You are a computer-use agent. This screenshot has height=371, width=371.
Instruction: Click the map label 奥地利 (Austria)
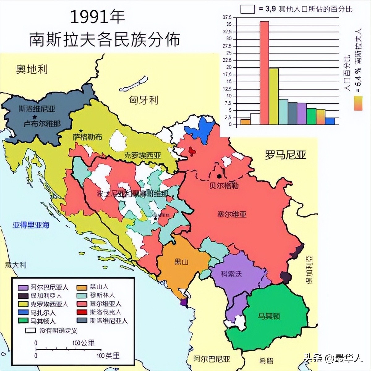pyautogui.click(x=32, y=70)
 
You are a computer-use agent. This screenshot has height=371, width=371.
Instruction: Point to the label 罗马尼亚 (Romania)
pyautogui.click(x=285, y=155)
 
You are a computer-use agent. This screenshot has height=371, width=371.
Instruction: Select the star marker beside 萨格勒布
pyautogui.click(x=81, y=131)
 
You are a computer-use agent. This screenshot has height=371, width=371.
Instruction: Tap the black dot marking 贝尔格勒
pyautogui.click(x=220, y=176)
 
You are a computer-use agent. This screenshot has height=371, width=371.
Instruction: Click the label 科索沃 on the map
pyautogui.click(x=231, y=274)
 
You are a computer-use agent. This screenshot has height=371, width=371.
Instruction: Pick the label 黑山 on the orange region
pyautogui.click(x=181, y=262)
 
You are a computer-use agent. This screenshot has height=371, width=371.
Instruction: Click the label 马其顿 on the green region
pyautogui.click(x=269, y=316)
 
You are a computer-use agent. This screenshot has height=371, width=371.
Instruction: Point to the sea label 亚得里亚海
pyautogui.click(x=31, y=225)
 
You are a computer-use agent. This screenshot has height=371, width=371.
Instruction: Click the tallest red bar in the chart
pyautogui.click(x=264, y=73)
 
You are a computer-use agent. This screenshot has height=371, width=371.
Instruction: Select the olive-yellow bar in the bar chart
pyautogui.click(x=273, y=96)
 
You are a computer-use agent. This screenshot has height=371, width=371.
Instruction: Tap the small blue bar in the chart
pyautogui.click(x=330, y=121)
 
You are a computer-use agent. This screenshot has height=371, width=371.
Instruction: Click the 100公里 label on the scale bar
pyautogui.click(x=83, y=343)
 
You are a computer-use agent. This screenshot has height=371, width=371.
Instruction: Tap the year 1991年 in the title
pyautogui.click(x=98, y=17)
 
